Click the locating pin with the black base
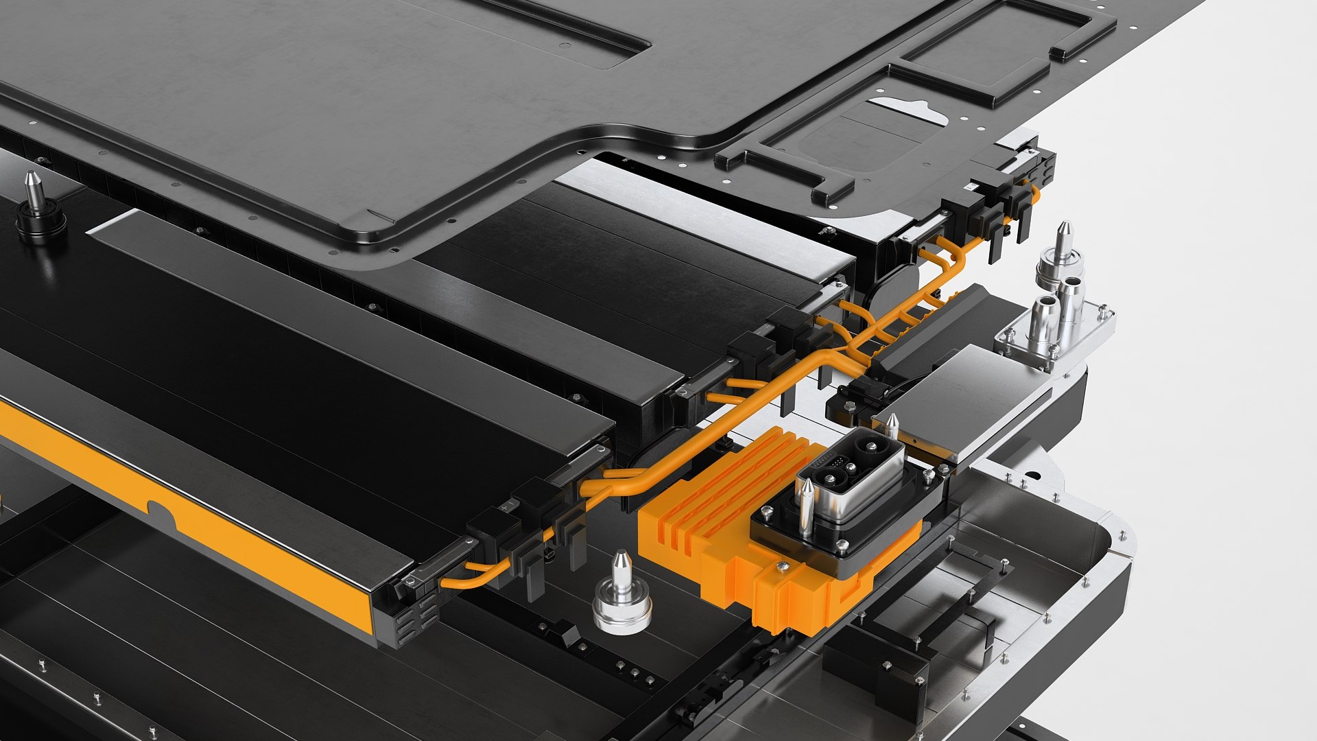(39, 209)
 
